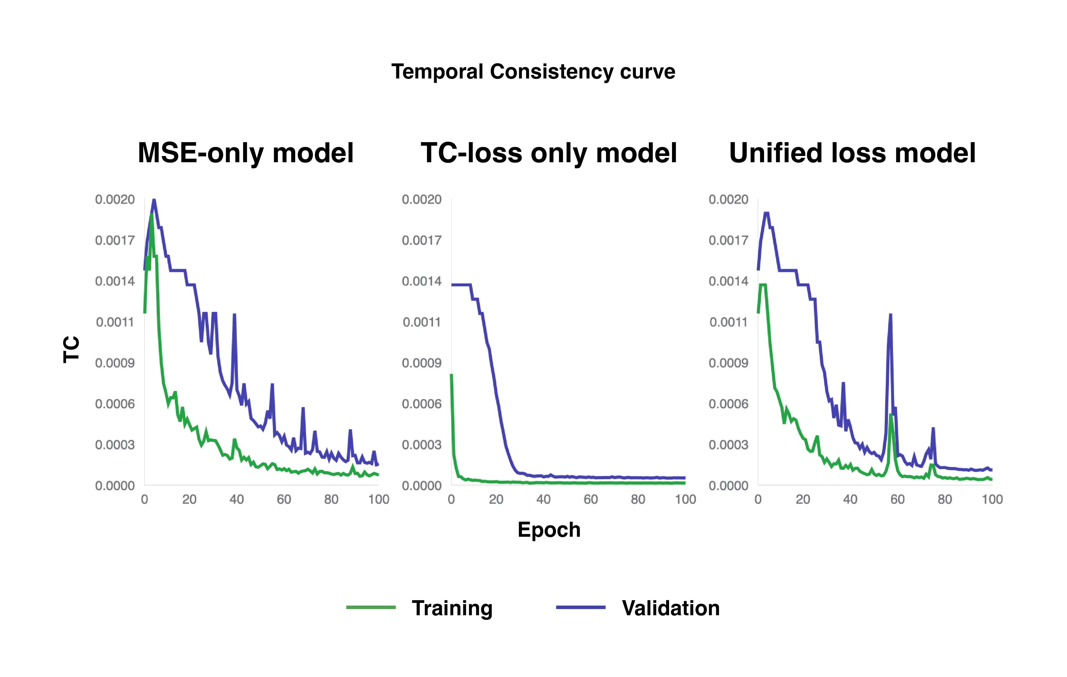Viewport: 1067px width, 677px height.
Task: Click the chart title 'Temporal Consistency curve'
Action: click(533, 72)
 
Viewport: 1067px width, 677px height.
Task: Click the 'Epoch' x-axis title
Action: click(549, 530)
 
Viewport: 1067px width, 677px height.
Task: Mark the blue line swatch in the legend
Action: click(581, 607)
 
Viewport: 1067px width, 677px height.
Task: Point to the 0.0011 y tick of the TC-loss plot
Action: click(421, 322)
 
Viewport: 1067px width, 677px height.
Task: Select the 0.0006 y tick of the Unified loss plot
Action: click(728, 404)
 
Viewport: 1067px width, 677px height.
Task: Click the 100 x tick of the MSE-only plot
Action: click(378, 500)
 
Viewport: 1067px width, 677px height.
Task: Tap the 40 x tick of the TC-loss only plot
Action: click(543, 500)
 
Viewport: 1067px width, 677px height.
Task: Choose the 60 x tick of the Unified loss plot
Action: click(897, 500)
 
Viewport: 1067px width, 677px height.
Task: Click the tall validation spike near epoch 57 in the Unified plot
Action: click(890, 316)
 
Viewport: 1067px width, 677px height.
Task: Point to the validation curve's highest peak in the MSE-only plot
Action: click(154, 200)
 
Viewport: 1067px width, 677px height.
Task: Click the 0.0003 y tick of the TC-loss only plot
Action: click(421, 445)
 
